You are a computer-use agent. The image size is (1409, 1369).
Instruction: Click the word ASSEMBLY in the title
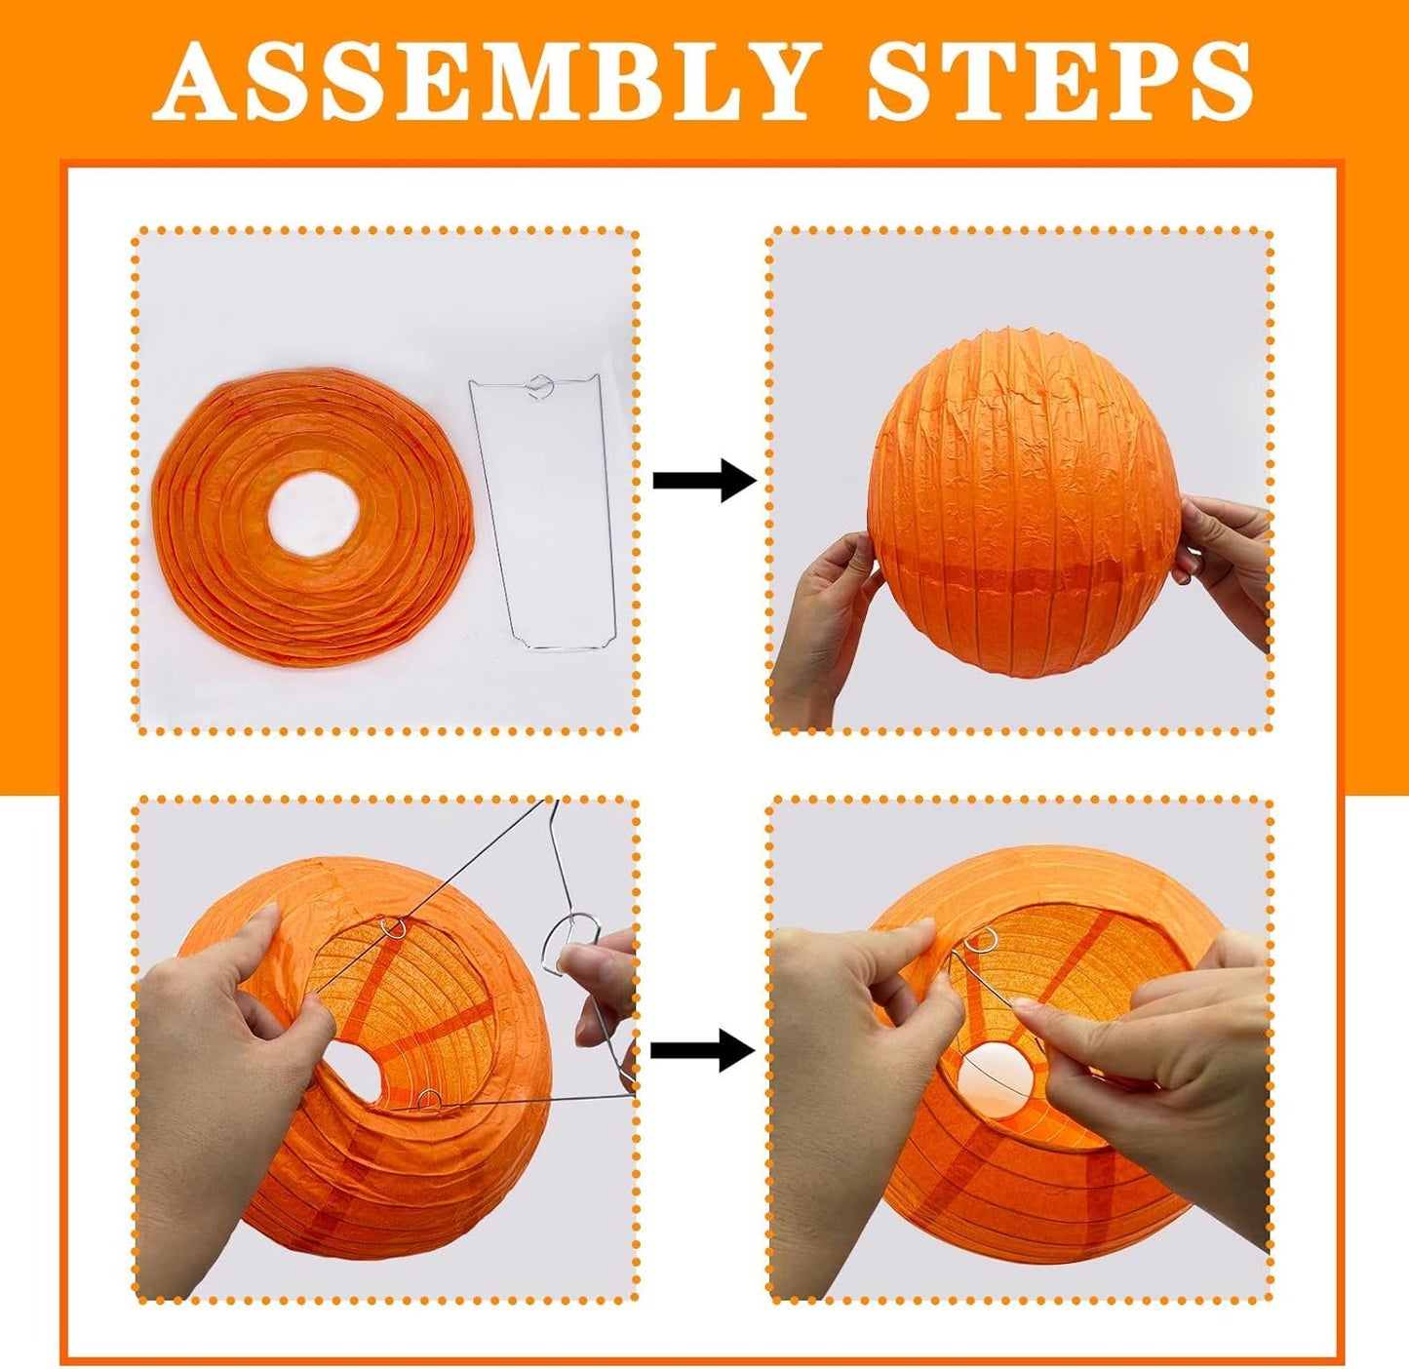click(x=487, y=80)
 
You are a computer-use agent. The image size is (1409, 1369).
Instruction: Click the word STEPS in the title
click(x=1061, y=80)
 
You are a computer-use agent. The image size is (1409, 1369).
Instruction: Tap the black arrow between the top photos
click(x=704, y=480)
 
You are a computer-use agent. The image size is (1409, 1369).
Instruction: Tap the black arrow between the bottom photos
click(x=702, y=1050)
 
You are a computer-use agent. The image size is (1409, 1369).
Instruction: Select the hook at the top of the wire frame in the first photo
click(x=541, y=384)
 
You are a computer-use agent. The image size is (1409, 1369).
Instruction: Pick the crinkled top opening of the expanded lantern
click(x=1021, y=338)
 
